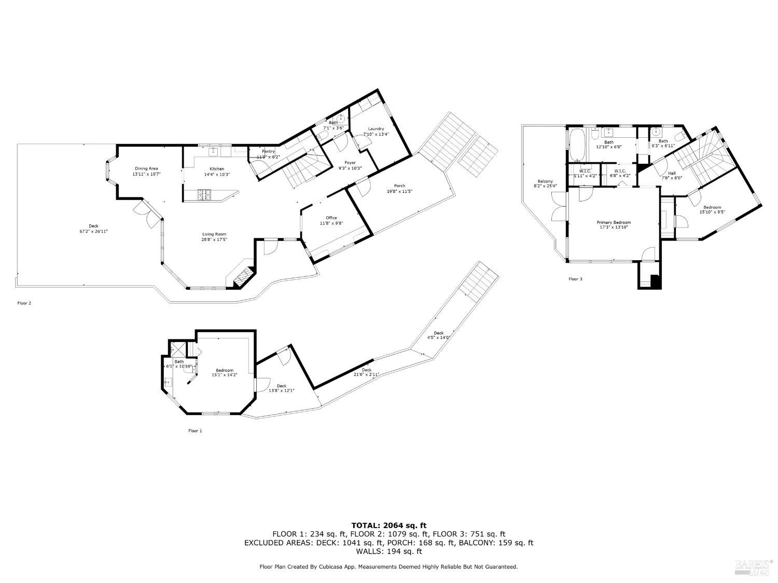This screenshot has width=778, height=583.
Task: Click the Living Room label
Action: [x=214, y=234]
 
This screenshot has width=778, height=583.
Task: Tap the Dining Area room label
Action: [x=146, y=168]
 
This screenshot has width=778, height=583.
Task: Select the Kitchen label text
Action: [x=217, y=169]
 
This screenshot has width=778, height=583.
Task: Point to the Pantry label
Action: [x=268, y=151]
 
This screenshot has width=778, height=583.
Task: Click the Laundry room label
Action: [x=376, y=129]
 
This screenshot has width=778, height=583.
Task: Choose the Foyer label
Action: [x=350, y=163]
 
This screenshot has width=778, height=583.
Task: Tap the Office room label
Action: [x=331, y=218]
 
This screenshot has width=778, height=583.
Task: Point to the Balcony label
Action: [x=545, y=181]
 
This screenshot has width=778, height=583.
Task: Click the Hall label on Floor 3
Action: [x=672, y=174]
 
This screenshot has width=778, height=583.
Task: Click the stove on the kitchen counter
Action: [x=204, y=195]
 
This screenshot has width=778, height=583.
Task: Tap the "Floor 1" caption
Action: [x=195, y=431]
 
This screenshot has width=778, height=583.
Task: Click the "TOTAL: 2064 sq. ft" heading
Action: [x=389, y=525]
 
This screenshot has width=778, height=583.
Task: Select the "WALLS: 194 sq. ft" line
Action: [x=389, y=552]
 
